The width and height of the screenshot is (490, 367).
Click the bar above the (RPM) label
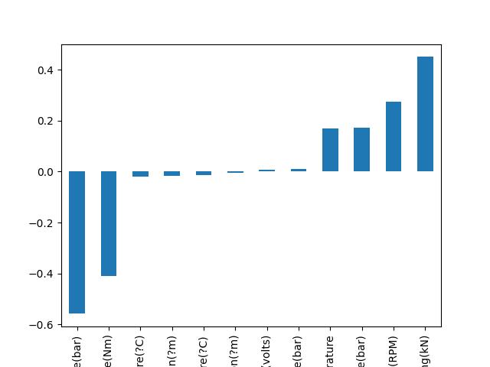pyautogui.click(x=394, y=136)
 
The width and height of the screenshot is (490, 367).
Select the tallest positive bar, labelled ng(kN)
pyautogui.click(x=425, y=114)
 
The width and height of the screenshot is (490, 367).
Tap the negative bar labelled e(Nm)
pyautogui.click(x=109, y=223)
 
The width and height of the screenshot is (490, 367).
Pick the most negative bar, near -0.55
pyautogui.click(x=77, y=242)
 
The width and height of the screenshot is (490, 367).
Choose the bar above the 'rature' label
pyautogui.click(x=330, y=150)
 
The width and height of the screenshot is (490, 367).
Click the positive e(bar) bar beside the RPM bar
pyautogui.click(x=361, y=149)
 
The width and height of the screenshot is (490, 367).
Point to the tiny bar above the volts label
pyautogui.click(x=266, y=171)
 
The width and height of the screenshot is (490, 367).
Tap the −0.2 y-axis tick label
pyautogui.click(x=44, y=223)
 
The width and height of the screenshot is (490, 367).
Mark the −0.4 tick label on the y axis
pyautogui.click(x=44, y=274)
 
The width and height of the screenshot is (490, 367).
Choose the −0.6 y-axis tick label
pyautogui.click(x=44, y=325)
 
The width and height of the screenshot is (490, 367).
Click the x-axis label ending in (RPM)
pyautogui.click(x=394, y=349)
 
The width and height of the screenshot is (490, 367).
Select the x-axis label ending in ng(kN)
pyautogui.click(x=426, y=349)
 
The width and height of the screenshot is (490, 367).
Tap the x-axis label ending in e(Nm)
pyautogui.click(x=109, y=349)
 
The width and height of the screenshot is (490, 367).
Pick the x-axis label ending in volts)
pyautogui.click(x=267, y=349)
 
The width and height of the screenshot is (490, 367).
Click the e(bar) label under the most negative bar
pyautogui.click(x=77, y=349)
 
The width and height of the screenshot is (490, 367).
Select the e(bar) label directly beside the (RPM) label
pyautogui.click(x=362, y=349)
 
